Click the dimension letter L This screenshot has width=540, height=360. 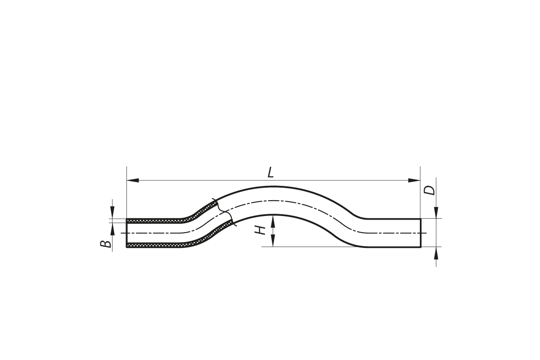pyautogui.click(x=271, y=172)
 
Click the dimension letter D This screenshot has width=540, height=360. pyautogui.click(x=429, y=190)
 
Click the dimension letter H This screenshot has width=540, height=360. pyautogui.click(x=260, y=230)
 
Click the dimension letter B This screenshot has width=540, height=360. pyautogui.click(x=106, y=244)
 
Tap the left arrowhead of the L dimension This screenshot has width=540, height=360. pyautogui.click(x=133, y=180)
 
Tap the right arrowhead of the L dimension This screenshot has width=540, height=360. pyautogui.click(x=414, y=180)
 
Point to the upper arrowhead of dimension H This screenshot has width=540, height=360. pyautogui.click(x=273, y=221)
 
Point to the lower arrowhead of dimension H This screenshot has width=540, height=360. pyautogui.click(x=273, y=241)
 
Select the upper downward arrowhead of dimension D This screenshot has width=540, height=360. pyautogui.click(x=436, y=212)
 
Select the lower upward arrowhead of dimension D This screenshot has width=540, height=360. pyautogui.click(x=436, y=253)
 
